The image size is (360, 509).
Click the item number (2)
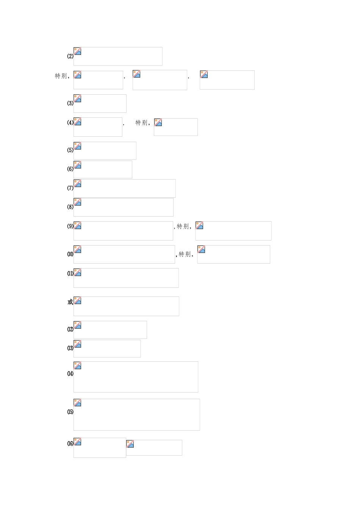click(70, 56)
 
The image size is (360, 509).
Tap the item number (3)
click(70, 103)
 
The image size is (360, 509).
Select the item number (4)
click(70, 122)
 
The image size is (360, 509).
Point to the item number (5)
click(70, 150)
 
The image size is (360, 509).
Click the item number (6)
click(70, 169)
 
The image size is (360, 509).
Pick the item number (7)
click(70, 188)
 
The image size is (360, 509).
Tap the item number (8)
click(70, 207)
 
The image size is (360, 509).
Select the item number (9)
click(70, 226)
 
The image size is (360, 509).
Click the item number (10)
click(70, 254)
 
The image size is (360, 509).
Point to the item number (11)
click(70, 273)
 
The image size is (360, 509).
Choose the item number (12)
click(70, 329)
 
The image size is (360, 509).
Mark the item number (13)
click(70, 348)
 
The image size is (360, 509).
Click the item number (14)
click(70, 374)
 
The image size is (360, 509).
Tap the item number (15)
click(70, 412)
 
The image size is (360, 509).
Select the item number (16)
click(70, 443)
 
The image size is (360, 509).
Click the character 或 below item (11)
click(70, 302)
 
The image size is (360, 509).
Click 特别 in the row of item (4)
click(141, 123)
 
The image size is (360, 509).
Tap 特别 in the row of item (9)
click(183, 226)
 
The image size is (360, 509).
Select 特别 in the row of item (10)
click(185, 254)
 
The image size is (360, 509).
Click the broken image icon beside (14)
click(77, 365)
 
